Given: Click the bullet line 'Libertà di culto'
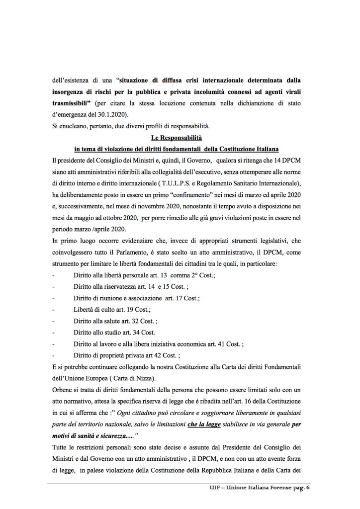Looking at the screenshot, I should click(97, 309).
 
